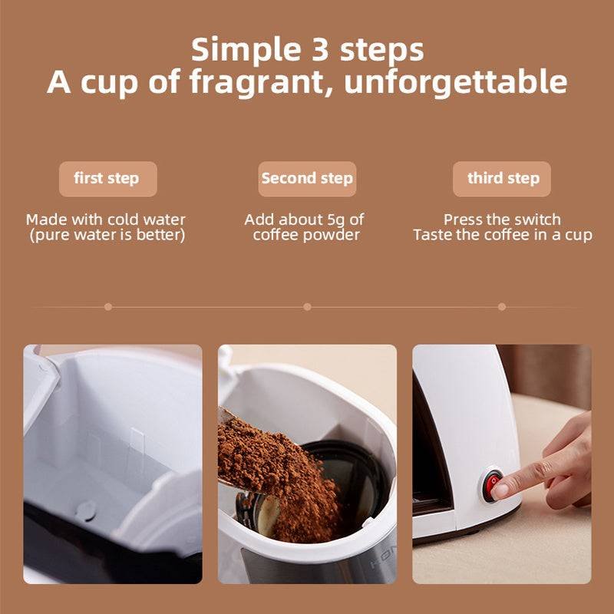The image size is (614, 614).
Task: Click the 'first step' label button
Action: (108, 179)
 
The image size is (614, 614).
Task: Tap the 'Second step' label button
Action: (307, 179)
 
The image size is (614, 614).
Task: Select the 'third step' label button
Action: (502, 179)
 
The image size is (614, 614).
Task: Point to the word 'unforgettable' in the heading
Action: (456, 81)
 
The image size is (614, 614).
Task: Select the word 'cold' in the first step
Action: (124, 220)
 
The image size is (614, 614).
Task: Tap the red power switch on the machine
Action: (491, 486)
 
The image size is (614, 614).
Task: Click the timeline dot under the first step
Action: (108, 306)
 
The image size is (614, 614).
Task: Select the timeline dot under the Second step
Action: (308, 306)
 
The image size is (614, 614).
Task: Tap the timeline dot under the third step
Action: (502, 306)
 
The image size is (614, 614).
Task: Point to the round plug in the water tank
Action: (86, 510)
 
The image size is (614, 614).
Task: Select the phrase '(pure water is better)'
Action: (107, 236)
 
